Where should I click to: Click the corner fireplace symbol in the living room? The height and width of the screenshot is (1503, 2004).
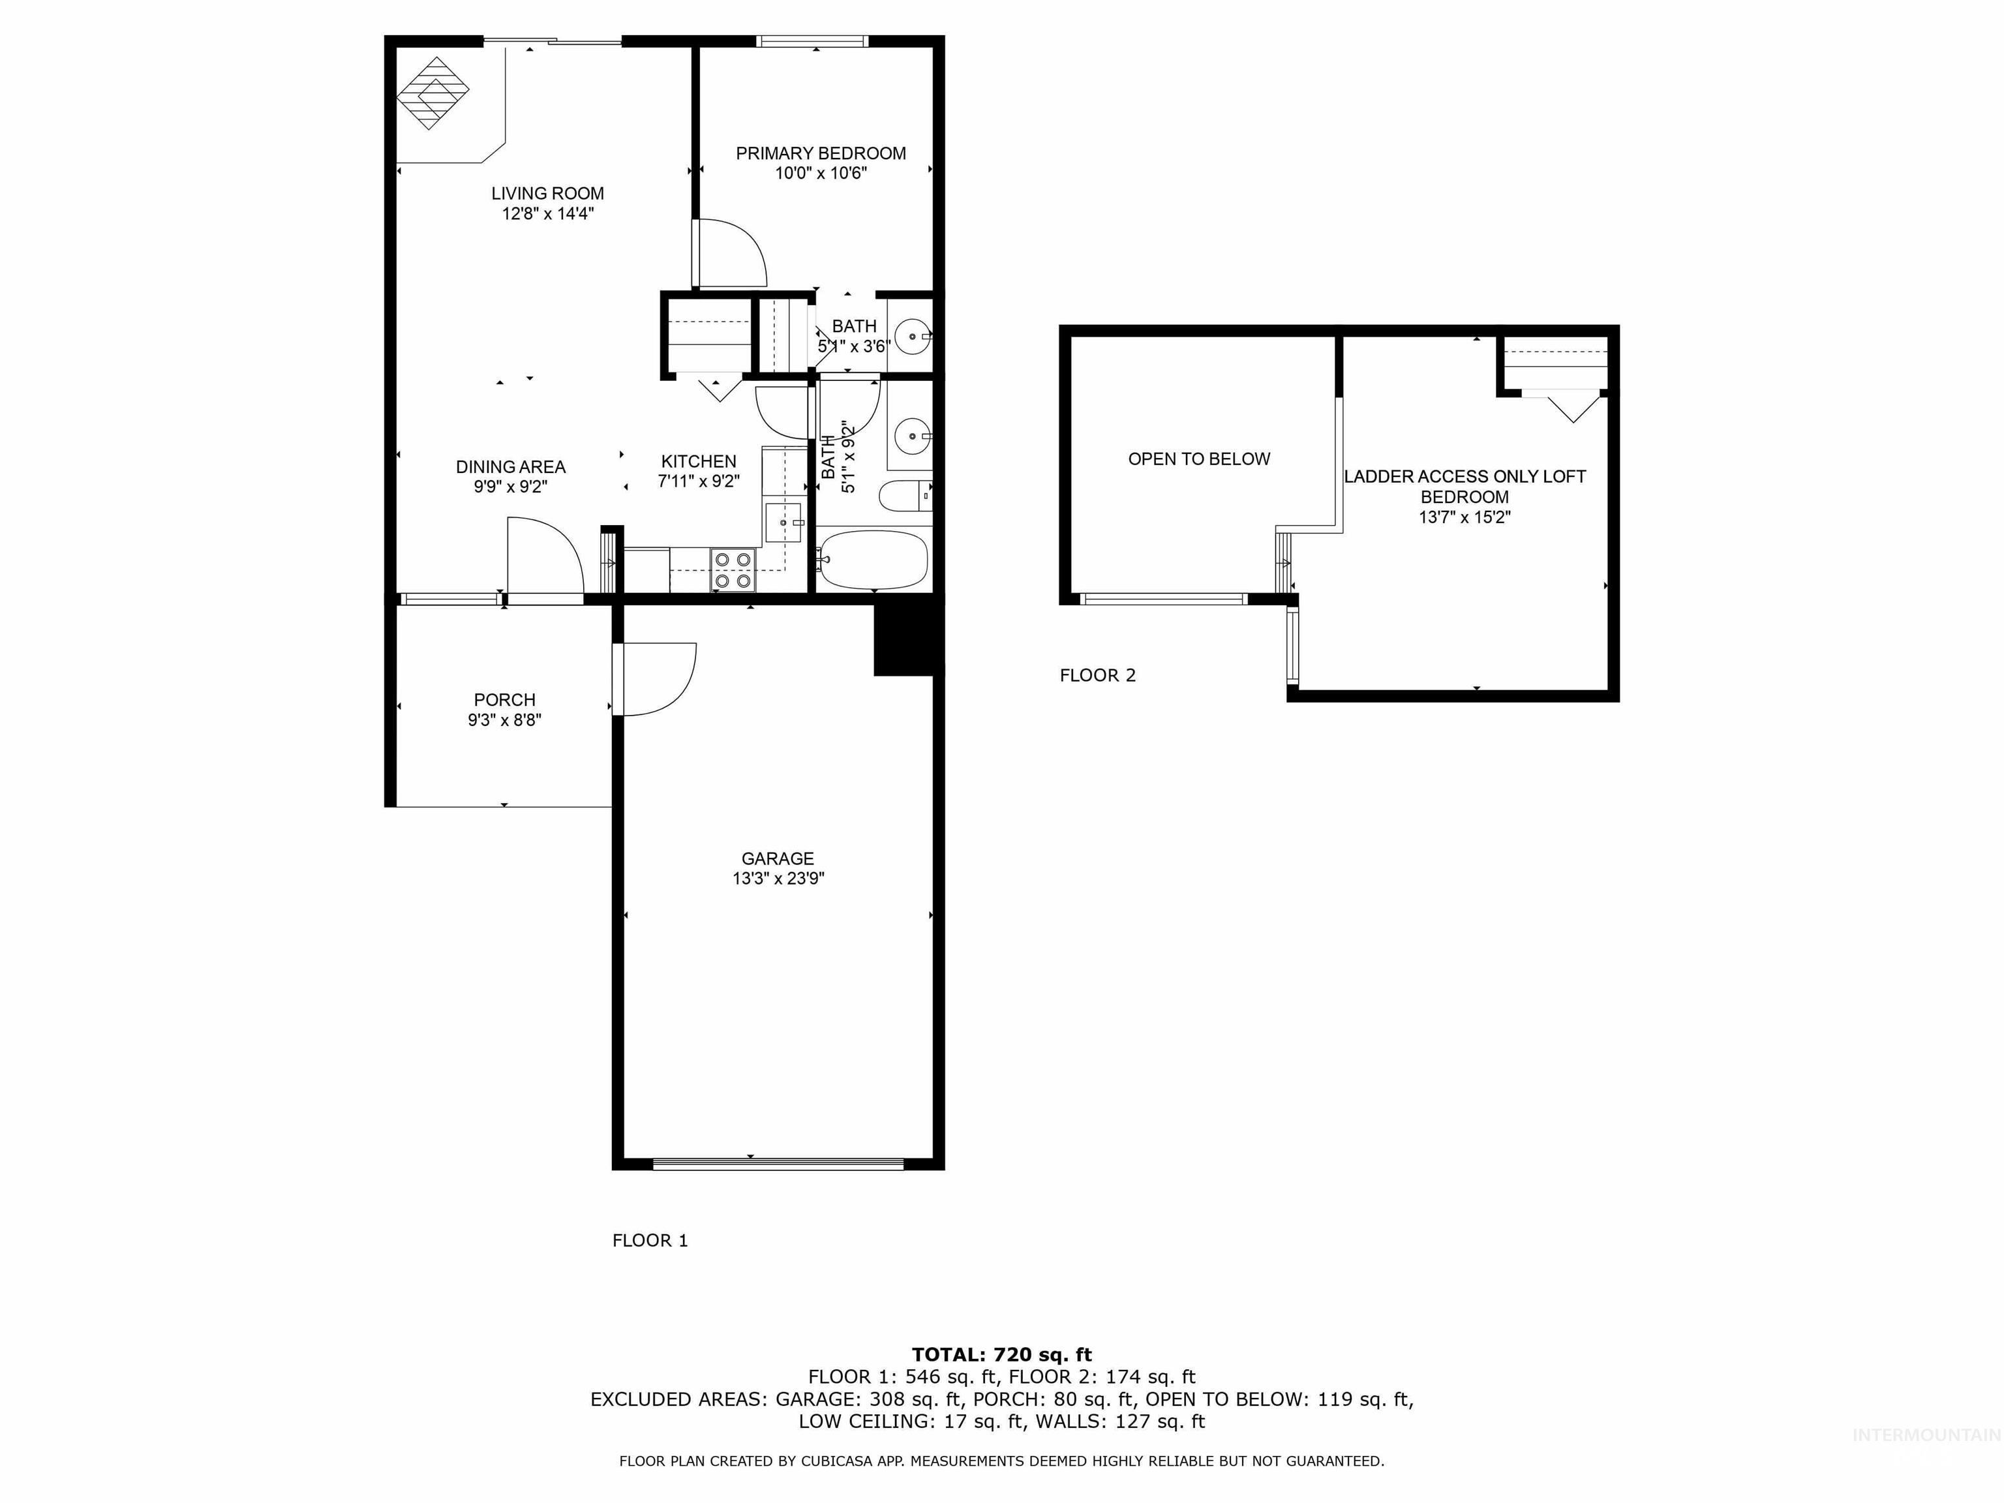pyautogui.click(x=433, y=93)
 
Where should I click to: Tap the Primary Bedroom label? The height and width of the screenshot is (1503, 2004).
pyautogui.click(x=820, y=153)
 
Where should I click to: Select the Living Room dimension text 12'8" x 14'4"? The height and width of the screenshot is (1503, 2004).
pyautogui.click(x=547, y=214)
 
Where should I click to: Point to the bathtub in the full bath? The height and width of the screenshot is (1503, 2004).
pyautogui.click(x=872, y=560)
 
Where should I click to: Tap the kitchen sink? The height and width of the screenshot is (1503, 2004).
pyautogui.click(x=783, y=523)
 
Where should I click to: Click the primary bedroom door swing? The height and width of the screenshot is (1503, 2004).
pyautogui.click(x=730, y=254)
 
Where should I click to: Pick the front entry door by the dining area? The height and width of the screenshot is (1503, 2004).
pyautogui.click(x=543, y=557)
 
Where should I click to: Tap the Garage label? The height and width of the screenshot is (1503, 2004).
pyautogui.click(x=778, y=858)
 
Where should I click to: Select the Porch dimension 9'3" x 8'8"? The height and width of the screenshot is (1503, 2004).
pyautogui.click(x=505, y=720)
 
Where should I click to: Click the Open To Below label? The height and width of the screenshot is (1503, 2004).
pyautogui.click(x=1198, y=459)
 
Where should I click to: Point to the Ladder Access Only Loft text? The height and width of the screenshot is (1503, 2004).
pyautogui.click(x=1464, y=477)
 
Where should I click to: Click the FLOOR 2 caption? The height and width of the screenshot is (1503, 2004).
pyautogui.click(x=1097, y=675)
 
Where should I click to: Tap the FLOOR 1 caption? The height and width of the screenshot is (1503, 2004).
pyautogui.click(x=650, y=1240)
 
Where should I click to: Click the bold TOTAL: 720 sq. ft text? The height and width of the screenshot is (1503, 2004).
pyautogui.click(x=1001, y=1354)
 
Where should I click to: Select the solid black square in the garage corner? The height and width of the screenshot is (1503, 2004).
pyautogui.click(x=903, y=639)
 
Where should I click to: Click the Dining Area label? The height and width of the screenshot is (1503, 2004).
pyautogui.click(x=510, y=466)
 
